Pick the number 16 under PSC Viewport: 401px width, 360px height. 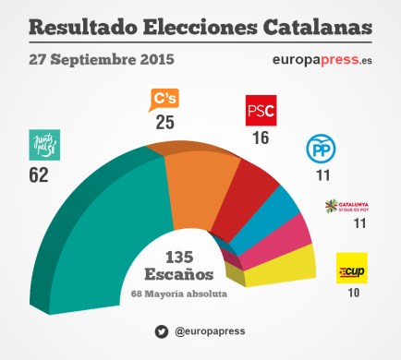tap(261, 138)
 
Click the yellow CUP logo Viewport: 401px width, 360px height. tap(351, 268)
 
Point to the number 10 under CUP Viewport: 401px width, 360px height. tap(351, 293)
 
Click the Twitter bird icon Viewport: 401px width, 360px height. tap(161, 330)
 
